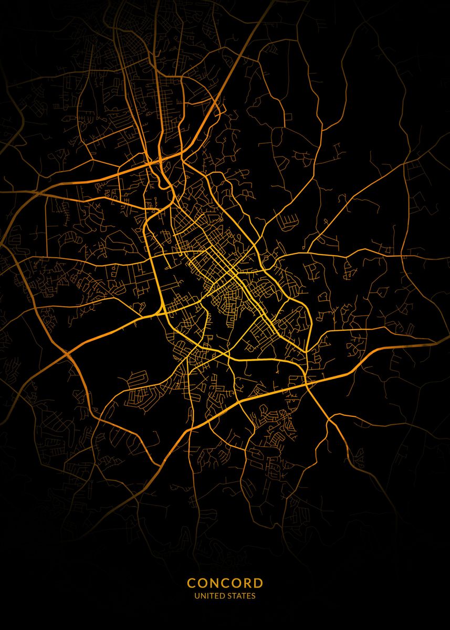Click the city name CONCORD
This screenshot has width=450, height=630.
(225, 583)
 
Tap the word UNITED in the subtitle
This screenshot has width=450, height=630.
(207, 596)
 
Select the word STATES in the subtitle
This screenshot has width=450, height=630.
(241, 596)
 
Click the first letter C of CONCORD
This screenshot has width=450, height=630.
(191, 583)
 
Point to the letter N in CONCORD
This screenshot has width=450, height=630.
(214, 583)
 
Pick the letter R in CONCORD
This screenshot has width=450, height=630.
(247, 583)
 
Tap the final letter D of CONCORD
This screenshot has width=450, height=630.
(258, 583)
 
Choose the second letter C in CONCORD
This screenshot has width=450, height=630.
(225, 583)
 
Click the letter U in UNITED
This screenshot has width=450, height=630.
(196, 596)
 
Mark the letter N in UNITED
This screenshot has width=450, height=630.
(202, 596)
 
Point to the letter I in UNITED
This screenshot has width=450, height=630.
(206, 596)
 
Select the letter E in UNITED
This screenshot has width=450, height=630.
(213, 596)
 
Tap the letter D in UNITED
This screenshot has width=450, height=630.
(218, 596)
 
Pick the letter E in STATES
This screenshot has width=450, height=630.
(249, 596)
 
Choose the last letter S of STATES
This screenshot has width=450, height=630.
(254, 596)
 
